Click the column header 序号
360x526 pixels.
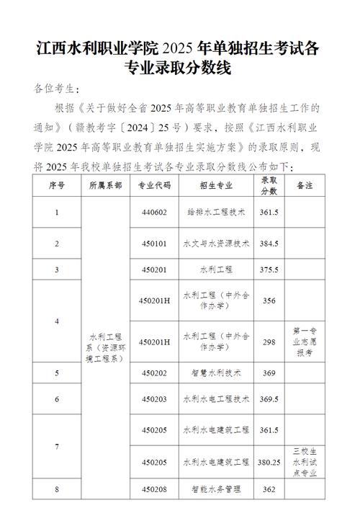57,185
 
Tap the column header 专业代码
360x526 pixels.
156,185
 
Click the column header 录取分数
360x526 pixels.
269,185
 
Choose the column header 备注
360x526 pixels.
305,185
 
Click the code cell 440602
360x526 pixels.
156,213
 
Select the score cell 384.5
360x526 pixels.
269,244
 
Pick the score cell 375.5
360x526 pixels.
269,269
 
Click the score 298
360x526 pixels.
269,341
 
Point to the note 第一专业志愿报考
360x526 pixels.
305,341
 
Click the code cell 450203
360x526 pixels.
156,398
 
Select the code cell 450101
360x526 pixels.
156,244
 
